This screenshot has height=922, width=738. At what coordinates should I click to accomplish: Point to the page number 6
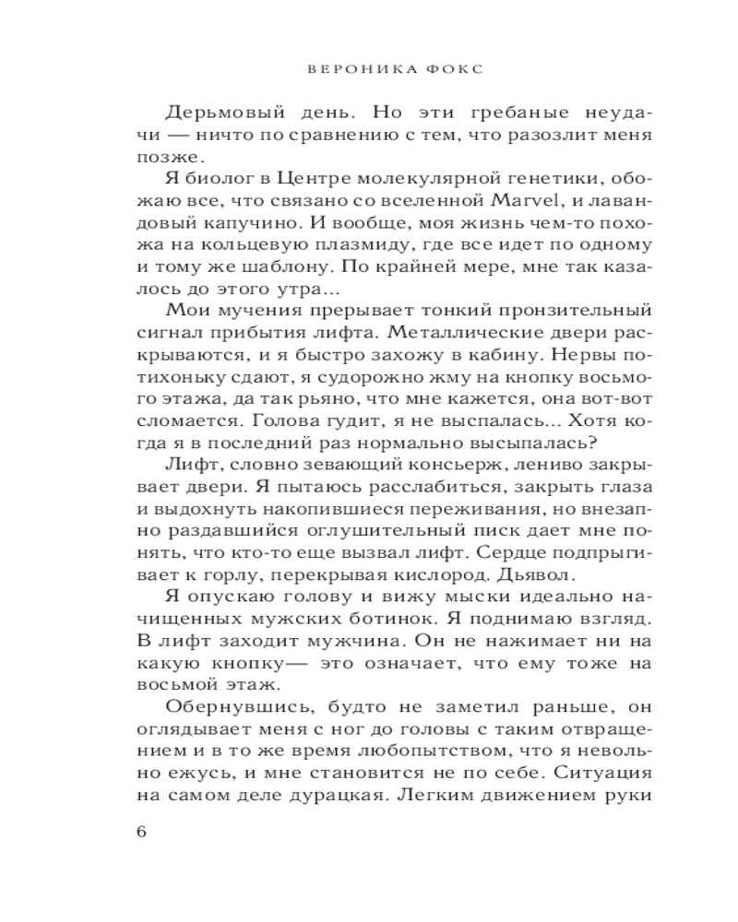click(141, 831)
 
